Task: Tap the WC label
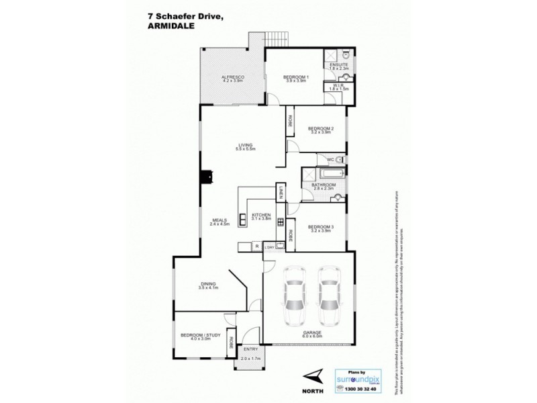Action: [x=330, y=159]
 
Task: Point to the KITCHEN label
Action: [x=261, y=214]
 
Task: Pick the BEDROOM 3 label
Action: [x=321, y=227]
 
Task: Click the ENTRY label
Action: [x=250, y=349]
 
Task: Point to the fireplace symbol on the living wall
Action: [x=209, y=177]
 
